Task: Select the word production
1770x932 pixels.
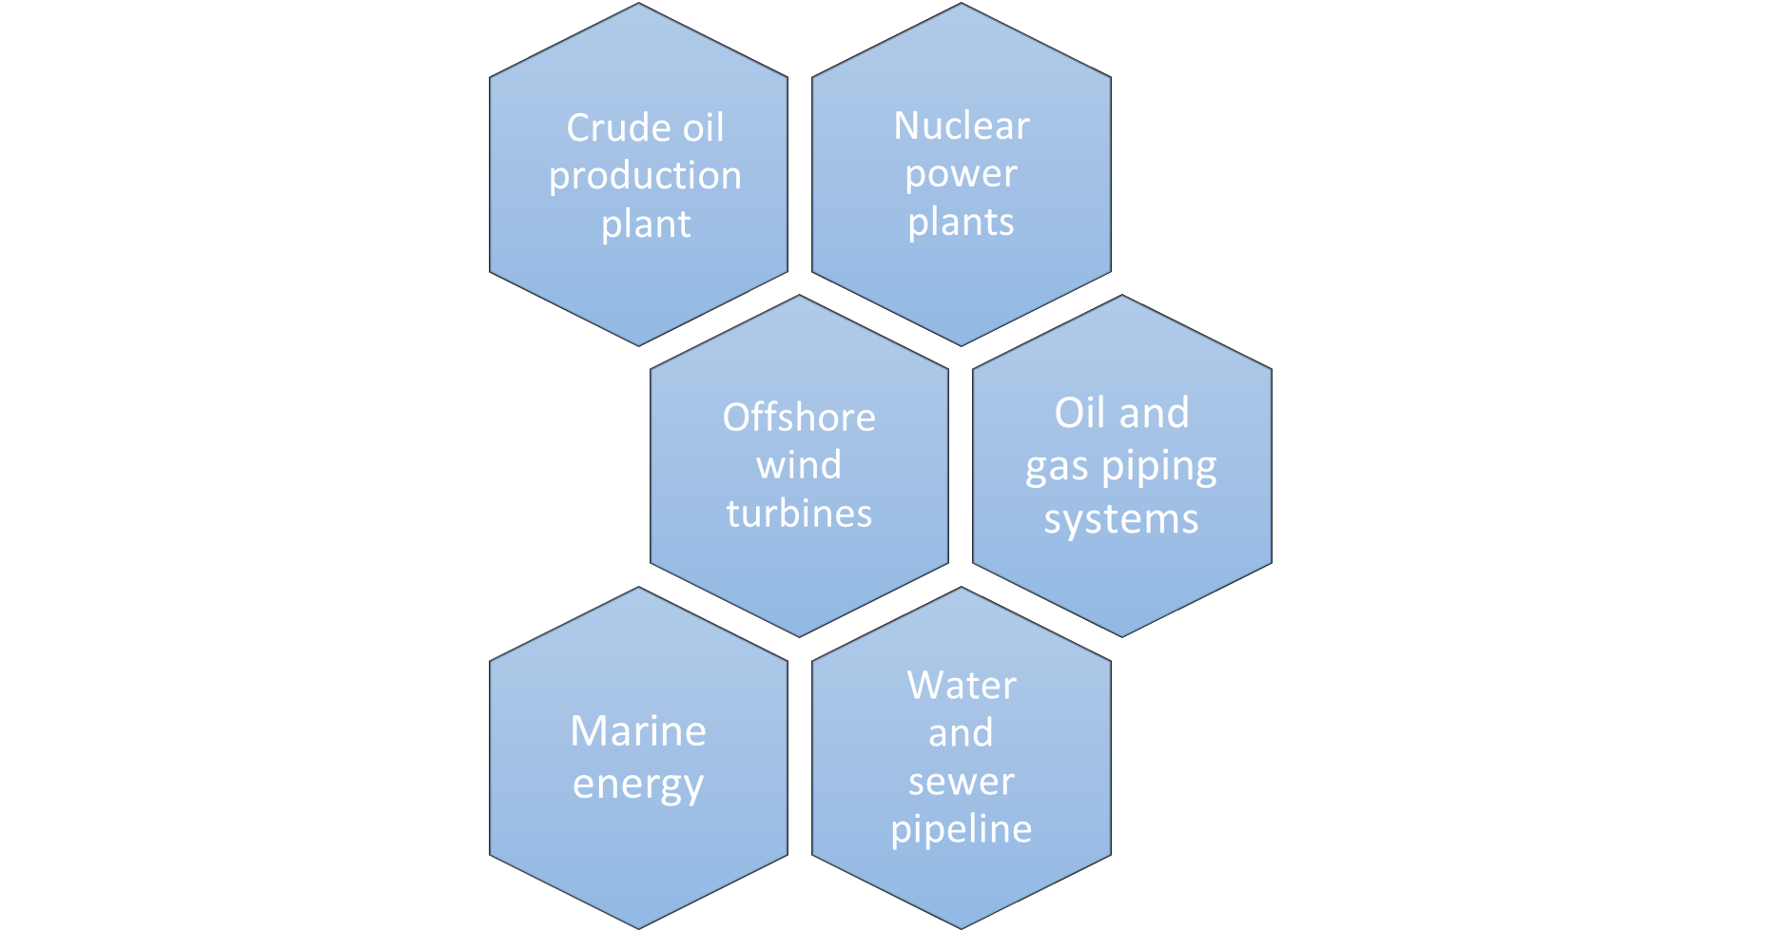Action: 645,176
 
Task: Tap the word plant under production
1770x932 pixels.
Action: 646,224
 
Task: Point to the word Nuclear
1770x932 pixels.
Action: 962,126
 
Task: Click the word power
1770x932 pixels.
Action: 961,175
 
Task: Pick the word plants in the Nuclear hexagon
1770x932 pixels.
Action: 961,223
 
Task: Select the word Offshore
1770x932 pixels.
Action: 799,417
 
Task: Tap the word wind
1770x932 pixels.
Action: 799,466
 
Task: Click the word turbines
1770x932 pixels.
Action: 799,514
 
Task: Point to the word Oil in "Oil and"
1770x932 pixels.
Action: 1081,414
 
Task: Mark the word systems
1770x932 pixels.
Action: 1121,519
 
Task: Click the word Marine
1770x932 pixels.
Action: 638,731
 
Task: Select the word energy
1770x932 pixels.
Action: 638,786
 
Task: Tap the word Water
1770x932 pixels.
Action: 962,686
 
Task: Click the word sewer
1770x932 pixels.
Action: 961,782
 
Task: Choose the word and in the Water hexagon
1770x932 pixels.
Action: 961,733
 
